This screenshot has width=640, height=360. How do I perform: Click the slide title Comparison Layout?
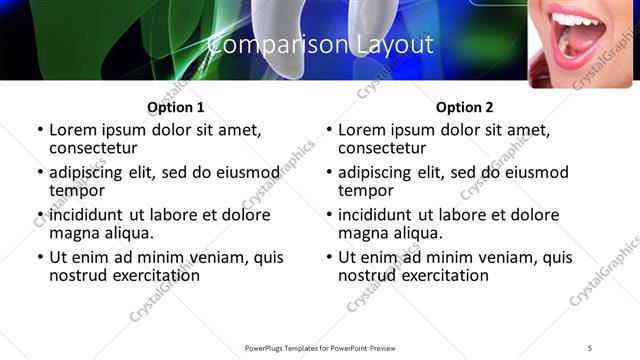coord(320,45)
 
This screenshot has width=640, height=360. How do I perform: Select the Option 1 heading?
coord(176,108)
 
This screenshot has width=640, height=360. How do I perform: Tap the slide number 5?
coord(590,347)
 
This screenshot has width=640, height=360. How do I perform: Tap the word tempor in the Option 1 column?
coord(78,190)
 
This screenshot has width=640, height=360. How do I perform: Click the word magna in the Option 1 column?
coord(76,233)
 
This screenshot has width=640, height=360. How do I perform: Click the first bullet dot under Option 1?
coord(39,131)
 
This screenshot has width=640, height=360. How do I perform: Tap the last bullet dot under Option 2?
coord(328,258)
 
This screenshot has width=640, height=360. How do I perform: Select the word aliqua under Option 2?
coord(416,233)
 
